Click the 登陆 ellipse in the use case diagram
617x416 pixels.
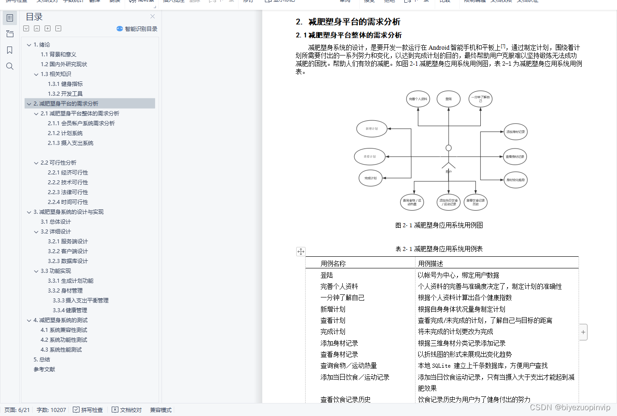pyautogui.click(x=449, y=99)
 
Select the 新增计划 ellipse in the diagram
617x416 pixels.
pyautogui.click(x=372, y=129)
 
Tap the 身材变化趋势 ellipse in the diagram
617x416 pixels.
pyautogui.click(x=515, y=180)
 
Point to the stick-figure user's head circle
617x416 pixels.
pyautogui.click(x=449, y=148)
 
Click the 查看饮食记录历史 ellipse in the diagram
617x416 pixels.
pyautogui.click(x=475, y=202)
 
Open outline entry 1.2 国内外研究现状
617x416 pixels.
pyautogui.click(x=64, y=64)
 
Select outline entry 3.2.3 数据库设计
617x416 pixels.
pyautogui.click(x=68, y=261)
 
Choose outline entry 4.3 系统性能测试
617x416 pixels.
pyautogui.click(x=61, y=350)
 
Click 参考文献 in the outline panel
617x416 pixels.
pyautogui.click(x=44, y=369)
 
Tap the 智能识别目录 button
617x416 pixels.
pyautogui.click(x=137, y=29)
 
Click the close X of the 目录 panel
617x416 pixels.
pyautogui.click(x=152, y=17)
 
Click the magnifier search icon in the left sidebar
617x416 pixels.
pyautogui.click(x=10, y=67)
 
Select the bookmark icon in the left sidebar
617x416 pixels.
pyautogui.click(x=10, y=50)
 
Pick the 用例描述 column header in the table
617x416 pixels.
pyautogui.click(x=431, y=263)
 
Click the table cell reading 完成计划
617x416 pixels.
pyautogui.click(x=333, y=332)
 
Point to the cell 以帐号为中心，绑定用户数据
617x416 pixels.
pyautogui.click(x=458, y=275)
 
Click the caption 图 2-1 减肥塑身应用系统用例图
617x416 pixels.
pyautogui.click(x=439, y=225)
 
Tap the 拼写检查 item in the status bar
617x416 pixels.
pyautogui.click(x=88, y=410)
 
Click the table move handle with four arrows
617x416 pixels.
pyautogui.click(x=301, y=252)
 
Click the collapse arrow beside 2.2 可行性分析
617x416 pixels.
pyautogui.click(x=36, y=163)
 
